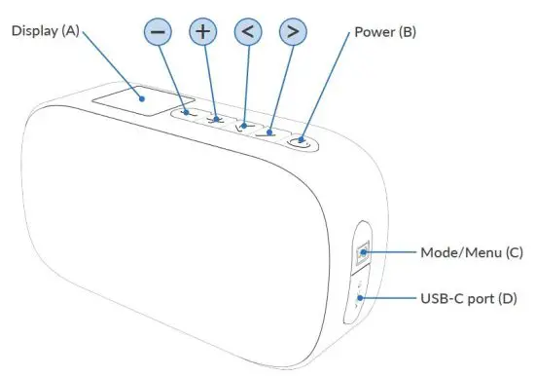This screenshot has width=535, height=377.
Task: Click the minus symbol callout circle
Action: coord(160,32)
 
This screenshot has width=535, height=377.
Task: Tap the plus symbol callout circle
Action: coord(202,31)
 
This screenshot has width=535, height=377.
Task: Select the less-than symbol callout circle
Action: coord(248,31)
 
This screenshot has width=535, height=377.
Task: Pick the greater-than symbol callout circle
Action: coord(292,31)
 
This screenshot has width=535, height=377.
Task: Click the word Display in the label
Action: coord(34,31)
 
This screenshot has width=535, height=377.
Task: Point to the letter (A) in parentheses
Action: coord(71,31)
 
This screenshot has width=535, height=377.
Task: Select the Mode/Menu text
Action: coord(450,253)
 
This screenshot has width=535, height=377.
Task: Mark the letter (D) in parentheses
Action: coord(509,298)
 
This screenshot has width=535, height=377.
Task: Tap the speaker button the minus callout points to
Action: coord(192,115)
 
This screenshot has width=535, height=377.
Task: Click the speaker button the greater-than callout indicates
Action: coord(271,130)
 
